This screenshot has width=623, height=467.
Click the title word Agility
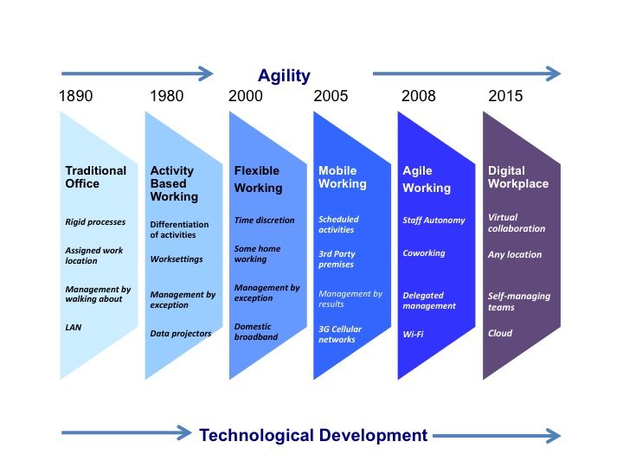284,75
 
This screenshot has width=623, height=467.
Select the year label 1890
75,96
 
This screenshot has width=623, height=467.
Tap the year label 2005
331,96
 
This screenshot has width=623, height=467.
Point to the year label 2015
505,96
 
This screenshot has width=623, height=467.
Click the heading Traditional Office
95,177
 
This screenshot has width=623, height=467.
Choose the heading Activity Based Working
174,183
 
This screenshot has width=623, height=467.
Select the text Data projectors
180,333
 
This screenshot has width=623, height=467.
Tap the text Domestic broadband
256,331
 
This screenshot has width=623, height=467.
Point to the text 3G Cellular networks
340,334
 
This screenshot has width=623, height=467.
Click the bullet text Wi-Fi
414,333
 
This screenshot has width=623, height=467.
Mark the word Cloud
499,333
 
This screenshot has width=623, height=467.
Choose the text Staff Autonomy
434,221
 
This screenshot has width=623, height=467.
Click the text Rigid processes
94,222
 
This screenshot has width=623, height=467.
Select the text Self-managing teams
518,301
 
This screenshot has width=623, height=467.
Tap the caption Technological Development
313,435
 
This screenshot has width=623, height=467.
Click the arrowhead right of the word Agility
555,73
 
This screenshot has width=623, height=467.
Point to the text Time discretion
264,221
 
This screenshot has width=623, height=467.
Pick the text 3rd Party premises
337,259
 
